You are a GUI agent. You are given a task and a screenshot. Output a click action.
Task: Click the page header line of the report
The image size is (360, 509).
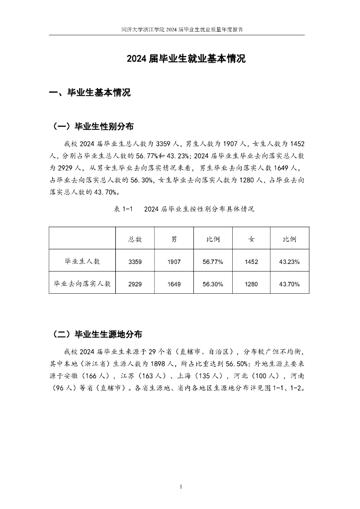pyautogui.click(x=182, y=29)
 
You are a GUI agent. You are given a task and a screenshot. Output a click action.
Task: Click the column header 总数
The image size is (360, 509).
pyautogui.click(x=135, y=239)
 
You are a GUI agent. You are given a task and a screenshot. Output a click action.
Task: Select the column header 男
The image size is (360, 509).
pyautogui.click(x=174, y=239)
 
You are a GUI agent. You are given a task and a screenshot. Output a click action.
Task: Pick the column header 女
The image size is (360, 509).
pyautogui.click(x=252, y=239)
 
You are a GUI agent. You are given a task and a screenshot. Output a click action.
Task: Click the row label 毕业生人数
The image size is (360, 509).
pyautogui.click(x=83, y=261)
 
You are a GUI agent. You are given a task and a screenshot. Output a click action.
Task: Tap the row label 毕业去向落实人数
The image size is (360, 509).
pyautogui.click(x=83, y=284)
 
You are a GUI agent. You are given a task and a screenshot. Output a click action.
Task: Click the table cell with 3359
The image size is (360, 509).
pyautogui.click(x=135, y=261)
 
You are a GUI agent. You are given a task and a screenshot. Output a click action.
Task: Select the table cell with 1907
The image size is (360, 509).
pyautogui.click(x=174, y=261)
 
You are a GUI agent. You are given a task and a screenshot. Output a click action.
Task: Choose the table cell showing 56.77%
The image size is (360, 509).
pyautogui.click(x=213, y=261)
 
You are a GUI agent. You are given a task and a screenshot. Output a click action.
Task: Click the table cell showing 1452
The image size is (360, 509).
pyautogui.click(x=252, y=261)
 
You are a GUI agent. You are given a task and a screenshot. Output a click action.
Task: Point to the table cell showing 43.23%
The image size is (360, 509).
pyautogui.click(x=289, y=261)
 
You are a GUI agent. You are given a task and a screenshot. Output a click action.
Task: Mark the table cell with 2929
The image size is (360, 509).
pyautogui.click(x=135, y=284)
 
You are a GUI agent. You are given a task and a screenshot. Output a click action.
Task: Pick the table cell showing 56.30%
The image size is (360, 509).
pyautogui.click(x=213, y=284)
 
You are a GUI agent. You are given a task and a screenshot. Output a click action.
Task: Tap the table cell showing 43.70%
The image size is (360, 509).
pyautogui.click(x=289, y=284)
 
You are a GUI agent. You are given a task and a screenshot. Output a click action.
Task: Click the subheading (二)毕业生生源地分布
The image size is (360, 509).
pyautogui.click(x=100, y=333)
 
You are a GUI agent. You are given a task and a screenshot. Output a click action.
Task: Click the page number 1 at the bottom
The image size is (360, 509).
pyautogui.click(x=181, y=486)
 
